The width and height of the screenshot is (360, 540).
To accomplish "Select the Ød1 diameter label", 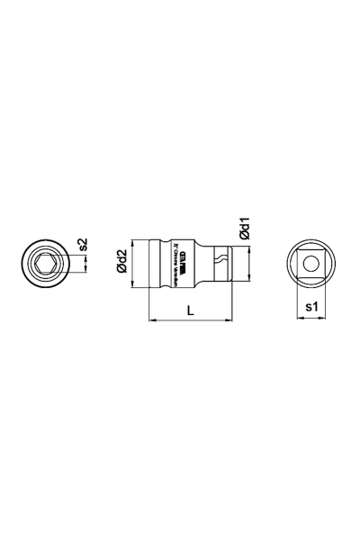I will (243, 227).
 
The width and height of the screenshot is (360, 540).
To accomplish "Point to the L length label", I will (190, 310).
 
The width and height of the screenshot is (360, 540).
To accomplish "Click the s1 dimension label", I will (310, 307).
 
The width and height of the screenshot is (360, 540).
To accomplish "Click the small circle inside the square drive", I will (308, 264).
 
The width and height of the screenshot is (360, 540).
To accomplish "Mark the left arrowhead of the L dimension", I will (149, 319).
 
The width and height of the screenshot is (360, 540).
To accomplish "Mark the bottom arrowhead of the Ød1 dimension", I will (243, 280).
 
